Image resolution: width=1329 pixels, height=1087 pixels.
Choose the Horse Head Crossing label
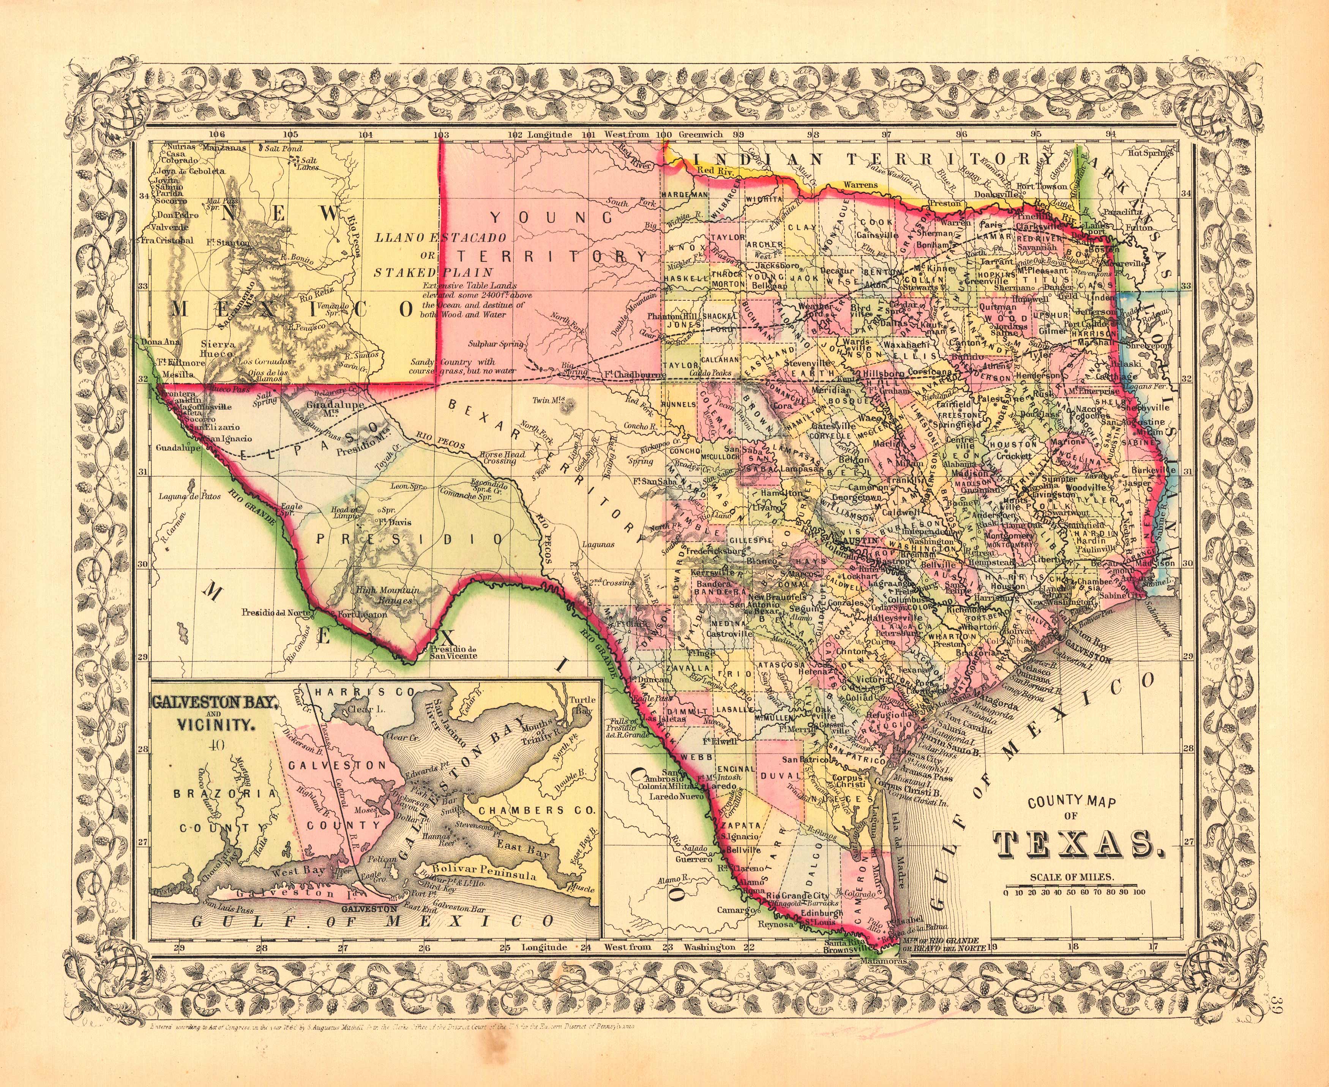click(499, 458)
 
